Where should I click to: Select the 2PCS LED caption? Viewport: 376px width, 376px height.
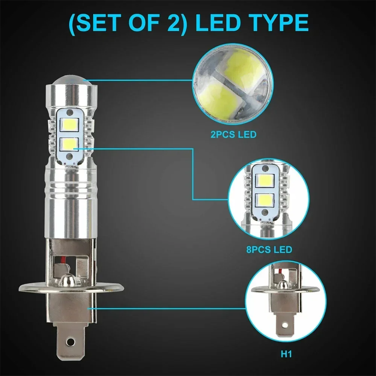pyautogui.click(x=233, y=134)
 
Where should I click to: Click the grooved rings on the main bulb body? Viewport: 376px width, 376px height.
pyautogui.click(x=70, y=188)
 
